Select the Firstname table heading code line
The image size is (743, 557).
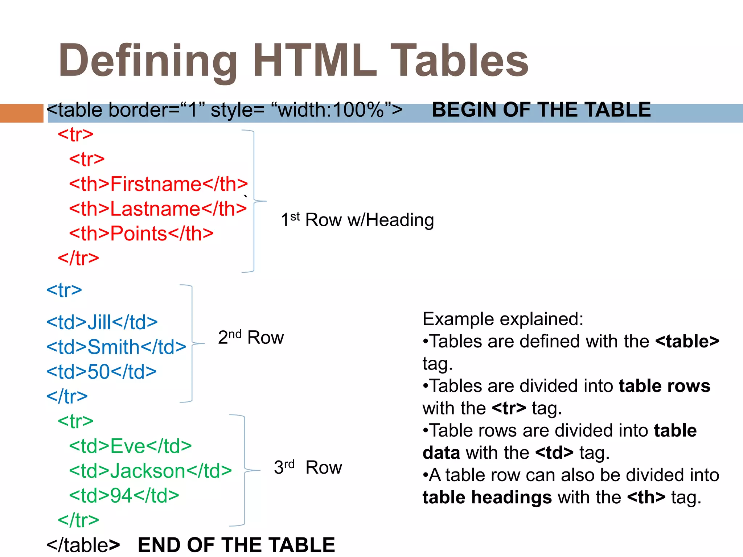[x=158, y=184]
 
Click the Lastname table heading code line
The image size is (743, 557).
[x=158, y=209]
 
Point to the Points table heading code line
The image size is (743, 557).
[x=141, y=234]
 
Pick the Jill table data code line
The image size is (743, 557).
[x=102, y=322]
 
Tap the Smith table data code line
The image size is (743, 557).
[x=116, y=347]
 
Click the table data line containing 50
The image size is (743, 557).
[x=102, y=372]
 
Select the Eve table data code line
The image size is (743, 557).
[x=130, y=446]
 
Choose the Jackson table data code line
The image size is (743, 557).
[x=150, y=471]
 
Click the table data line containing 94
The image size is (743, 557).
[x=124, y=495]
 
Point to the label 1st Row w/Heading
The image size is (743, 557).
[x=357, y=220]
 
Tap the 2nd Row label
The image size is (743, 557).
[x=251, y=337]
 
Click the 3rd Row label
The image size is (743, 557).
[x=308, y=467]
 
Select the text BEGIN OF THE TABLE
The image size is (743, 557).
[x=541, y=110]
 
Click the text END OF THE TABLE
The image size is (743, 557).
[x=236, y=545]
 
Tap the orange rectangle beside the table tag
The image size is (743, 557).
[x=21, y=113]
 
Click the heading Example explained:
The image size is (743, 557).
[x=503, y=319]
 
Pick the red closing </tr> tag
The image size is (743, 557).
[x=78, y=258]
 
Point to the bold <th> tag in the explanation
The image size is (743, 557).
[x=646, y=497]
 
